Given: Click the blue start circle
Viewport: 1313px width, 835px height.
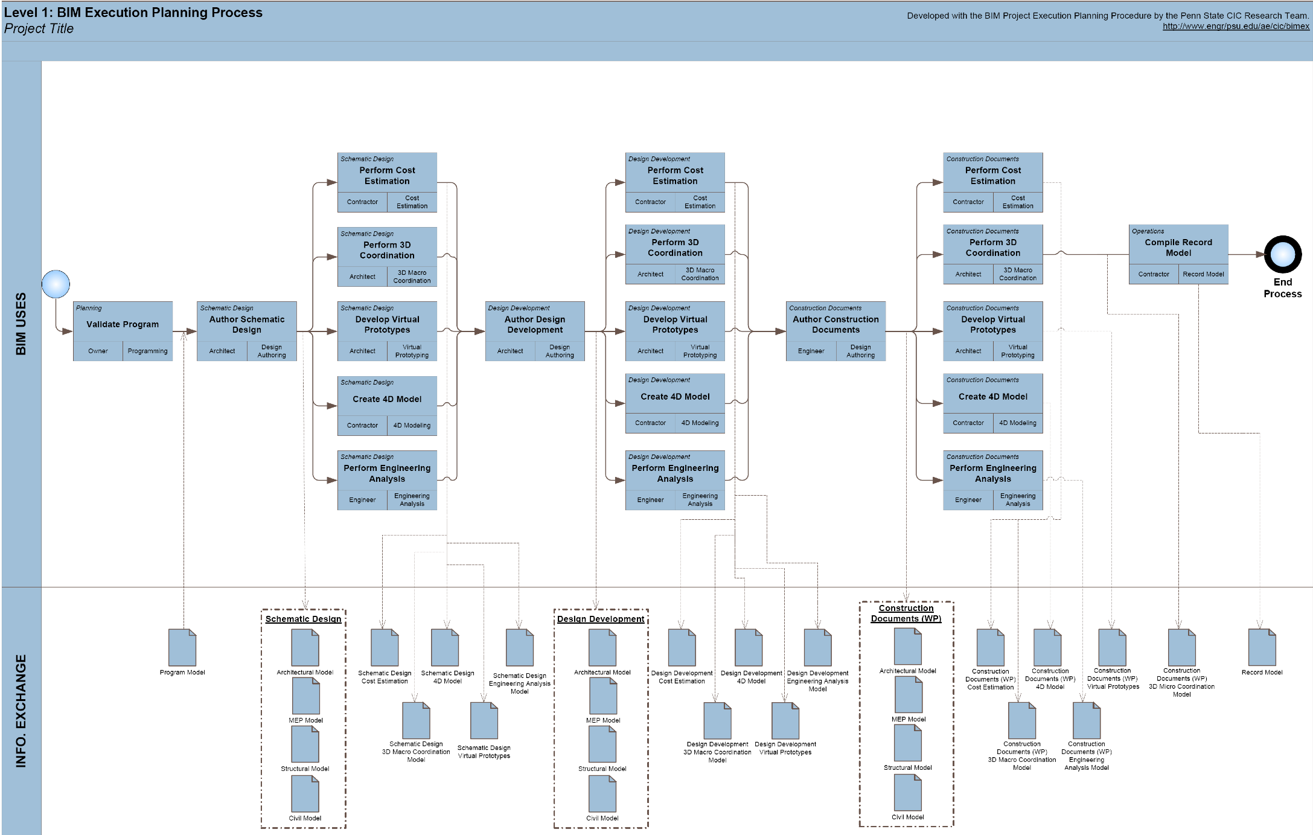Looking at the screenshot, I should (x=56, y=284).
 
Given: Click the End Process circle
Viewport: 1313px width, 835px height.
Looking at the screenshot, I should (x=1282, y=254).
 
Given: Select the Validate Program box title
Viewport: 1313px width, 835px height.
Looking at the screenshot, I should (x=123, y=324).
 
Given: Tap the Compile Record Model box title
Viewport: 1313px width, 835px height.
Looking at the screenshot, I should (x=1178, y=248).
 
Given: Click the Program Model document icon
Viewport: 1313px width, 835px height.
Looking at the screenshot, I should (x=182, y=647).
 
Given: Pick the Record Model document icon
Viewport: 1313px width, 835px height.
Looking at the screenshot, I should (x=1262, y=647).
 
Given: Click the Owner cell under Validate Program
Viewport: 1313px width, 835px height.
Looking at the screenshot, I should (x=98, y=351).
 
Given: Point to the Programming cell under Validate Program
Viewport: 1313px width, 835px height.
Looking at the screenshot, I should (x=147, y=351).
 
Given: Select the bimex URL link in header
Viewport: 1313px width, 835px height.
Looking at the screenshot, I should (x=1236, y=26).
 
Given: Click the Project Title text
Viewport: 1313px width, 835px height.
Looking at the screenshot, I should (x=39, y=28).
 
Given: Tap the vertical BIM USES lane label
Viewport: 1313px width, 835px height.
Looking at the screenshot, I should (x=21, y=324).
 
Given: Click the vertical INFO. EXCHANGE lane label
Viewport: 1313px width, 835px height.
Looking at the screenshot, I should (x=21, y=711).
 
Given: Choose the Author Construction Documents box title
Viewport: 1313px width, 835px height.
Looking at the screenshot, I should (x=835, y=324).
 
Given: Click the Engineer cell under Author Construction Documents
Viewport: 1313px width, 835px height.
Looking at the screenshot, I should (x=811, y=351).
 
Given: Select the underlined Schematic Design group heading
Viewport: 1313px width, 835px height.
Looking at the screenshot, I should (x=303, y=619).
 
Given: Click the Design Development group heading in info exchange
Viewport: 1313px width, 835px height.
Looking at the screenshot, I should (x=601, y=619).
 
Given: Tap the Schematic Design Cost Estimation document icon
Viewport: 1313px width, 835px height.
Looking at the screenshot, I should (x=385, y=647).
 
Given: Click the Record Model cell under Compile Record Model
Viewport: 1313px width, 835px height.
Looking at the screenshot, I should (x=1203, y=274).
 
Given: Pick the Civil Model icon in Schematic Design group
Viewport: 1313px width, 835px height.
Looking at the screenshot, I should (x=305, y=794).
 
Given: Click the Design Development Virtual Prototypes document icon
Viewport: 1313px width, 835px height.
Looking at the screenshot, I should (x=785, y=720).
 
